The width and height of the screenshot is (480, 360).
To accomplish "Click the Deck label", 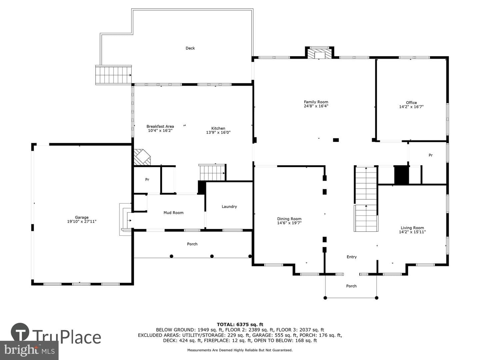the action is (x=190, y=48).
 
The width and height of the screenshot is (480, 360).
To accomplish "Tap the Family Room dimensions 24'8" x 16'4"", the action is (x=316, y=106).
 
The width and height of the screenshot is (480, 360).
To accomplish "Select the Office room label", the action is (x=411, y=103).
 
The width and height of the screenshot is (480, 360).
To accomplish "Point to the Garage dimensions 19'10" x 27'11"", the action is (x=82, y=221).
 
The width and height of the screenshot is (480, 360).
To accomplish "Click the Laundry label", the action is (x=229, y=207).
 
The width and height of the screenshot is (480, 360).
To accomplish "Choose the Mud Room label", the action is (x=173, y=213).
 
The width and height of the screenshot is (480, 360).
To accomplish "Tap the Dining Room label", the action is (x=289, y=219).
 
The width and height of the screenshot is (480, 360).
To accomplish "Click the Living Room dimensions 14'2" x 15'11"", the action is (x=412, y=232).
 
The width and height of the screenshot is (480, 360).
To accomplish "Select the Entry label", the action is (x=352, y=257).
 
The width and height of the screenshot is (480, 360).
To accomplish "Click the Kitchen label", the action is (x=218, y=128).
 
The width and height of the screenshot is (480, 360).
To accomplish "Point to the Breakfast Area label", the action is (x=160, y=126).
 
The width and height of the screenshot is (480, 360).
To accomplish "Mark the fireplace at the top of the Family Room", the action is (x=319, y=53).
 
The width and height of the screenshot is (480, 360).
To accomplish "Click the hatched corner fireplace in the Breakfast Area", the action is (x=142, y=157).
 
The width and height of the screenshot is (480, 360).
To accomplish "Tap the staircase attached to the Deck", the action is (x=113, y=75).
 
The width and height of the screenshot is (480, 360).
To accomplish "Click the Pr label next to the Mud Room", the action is (x=147, y=179).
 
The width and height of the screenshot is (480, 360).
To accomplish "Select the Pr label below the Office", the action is (x=431, y=155).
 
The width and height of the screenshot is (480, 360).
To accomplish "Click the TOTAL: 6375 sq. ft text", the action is (x=240, y=325).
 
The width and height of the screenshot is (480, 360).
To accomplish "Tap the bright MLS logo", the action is (x=29, y=350).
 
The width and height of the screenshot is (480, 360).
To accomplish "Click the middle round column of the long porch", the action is (x=212, y=256).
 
